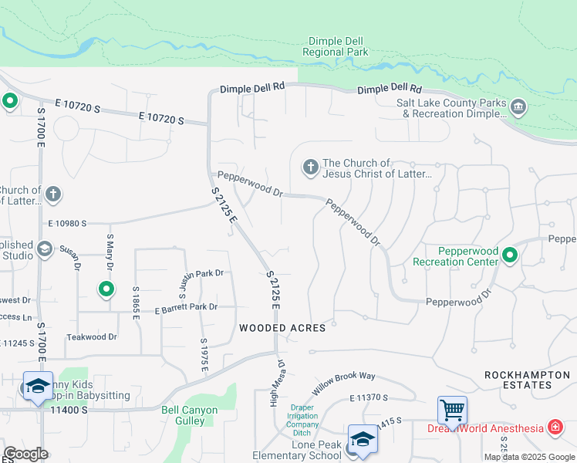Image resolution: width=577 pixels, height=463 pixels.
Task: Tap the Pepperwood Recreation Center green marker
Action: point(510,255)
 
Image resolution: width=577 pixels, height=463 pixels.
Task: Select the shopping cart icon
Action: point(451,408)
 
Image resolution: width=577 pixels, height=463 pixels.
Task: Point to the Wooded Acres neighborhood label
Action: point(282,327)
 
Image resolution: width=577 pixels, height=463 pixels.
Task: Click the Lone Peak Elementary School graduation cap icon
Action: point(363,439)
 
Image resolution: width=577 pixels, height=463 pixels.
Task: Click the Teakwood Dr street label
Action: point(91,336)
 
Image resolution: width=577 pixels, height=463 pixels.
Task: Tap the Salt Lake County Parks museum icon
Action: point(518,106)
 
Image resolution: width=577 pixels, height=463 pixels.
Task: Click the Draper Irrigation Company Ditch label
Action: point(304,421)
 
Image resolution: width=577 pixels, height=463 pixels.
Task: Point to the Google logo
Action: point(25,454)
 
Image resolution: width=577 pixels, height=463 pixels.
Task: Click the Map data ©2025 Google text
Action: point(528,457)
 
